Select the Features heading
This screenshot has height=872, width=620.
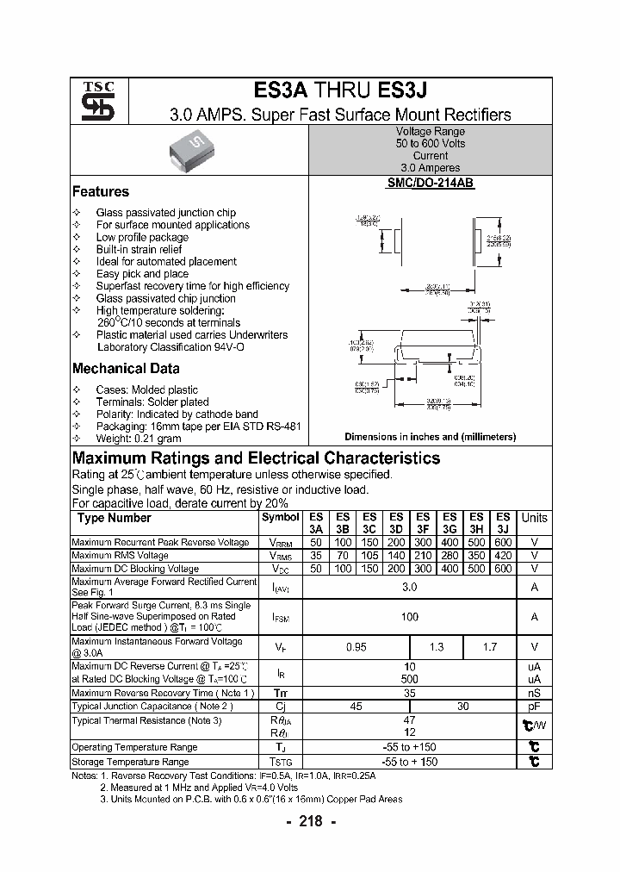101,192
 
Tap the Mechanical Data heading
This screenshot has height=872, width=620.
126,369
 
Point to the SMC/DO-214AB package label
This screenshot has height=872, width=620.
431,184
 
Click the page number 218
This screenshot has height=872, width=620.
310,821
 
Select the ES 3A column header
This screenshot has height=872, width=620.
316,524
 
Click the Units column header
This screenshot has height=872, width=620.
534,518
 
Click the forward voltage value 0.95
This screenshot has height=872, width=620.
356,647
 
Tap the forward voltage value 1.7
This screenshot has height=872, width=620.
489,647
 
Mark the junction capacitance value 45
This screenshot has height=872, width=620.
356,707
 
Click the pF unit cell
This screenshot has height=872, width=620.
534,707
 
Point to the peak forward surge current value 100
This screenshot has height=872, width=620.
409,617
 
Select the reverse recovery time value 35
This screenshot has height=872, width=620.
409,692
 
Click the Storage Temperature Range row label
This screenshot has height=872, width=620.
130,762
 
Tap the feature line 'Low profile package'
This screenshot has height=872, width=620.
142,237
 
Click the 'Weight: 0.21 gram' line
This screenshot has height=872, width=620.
139,439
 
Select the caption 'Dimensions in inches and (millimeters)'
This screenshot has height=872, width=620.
430,437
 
